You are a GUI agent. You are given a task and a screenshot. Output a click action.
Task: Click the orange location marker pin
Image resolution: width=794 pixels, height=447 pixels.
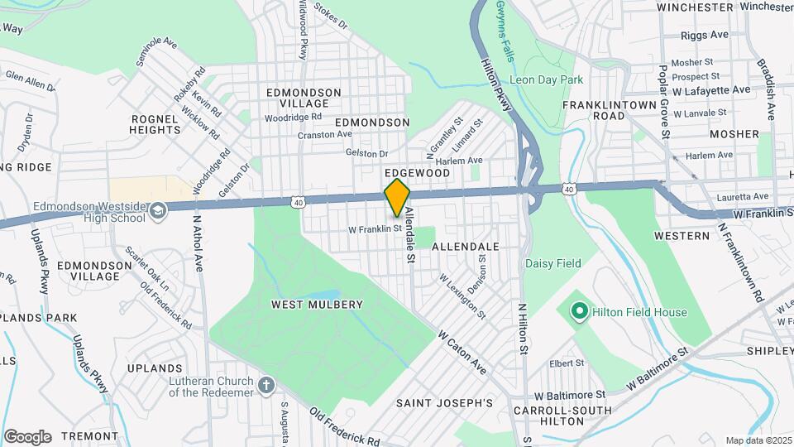coord(397,197)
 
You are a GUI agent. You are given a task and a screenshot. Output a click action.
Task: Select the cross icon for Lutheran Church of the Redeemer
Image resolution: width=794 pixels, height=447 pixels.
coord(265,385)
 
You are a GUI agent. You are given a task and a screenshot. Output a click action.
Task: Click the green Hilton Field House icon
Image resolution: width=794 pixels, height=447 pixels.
coord(579,312)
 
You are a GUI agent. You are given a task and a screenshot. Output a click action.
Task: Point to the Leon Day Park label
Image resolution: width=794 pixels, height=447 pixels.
coord(547,79)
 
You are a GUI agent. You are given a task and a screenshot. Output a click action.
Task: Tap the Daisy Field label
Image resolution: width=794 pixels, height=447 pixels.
coord(552,263)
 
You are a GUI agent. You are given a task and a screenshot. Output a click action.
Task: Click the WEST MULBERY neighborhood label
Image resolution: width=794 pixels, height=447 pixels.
coord(317,305)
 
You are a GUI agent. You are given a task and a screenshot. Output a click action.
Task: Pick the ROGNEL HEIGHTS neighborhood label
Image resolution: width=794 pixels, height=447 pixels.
coord(155,124)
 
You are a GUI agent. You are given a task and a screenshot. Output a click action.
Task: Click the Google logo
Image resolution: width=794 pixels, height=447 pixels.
coord(27,436)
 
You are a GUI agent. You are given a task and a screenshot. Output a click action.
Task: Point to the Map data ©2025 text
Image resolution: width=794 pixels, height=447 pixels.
coord(758,440)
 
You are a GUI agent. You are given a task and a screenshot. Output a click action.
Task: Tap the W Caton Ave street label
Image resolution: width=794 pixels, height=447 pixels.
coord(462,351)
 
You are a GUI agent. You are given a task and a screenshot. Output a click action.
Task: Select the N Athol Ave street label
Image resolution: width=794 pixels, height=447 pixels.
coord(198,244)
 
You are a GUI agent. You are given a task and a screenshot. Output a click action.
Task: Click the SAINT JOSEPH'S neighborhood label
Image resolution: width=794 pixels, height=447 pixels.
coord(443,403)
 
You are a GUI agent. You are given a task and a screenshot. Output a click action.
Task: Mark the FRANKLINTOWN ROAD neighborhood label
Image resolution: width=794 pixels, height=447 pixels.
coord(605,111)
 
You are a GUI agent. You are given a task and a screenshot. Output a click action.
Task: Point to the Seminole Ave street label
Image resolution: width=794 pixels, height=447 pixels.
coord(157,51)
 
